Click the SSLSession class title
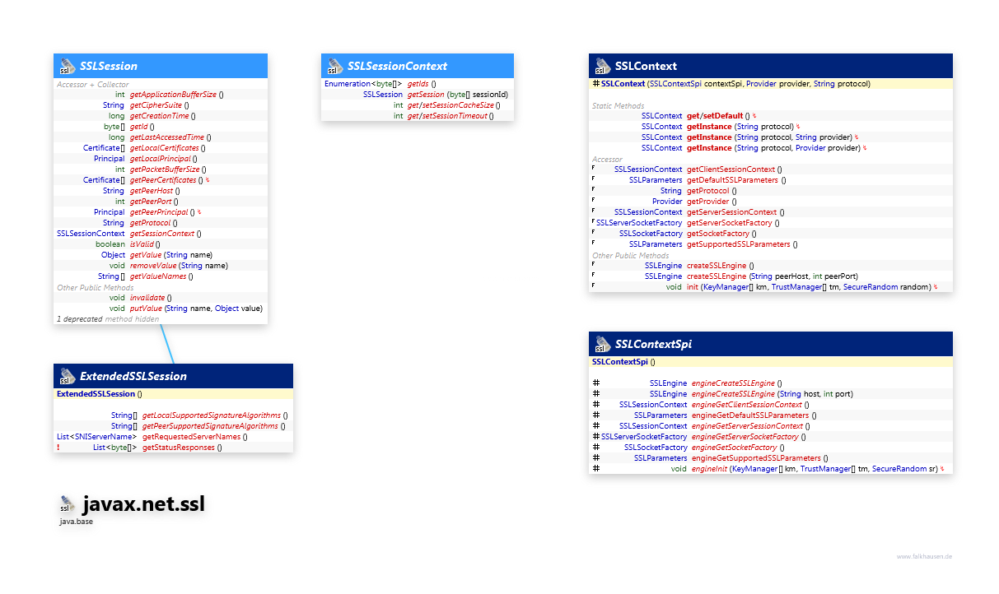(109, 66)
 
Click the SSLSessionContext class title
(397, 66)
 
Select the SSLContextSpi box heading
(653, 344)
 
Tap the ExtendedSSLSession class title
(133, 376)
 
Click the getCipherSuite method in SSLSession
(157, 105)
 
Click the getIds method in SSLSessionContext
(418, 84)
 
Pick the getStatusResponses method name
(178, 448)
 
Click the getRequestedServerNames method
(195, 437)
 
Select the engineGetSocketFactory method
(735, 448)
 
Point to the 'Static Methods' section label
(618, 106)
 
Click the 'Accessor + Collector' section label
(92, 84)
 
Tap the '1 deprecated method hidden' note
(107, 318)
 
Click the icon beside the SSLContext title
(601, 66)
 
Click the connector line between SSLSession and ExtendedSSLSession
(167, 342)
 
